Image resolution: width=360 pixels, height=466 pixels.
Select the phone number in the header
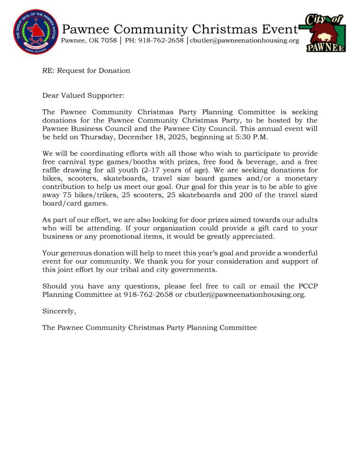tap(152, 41)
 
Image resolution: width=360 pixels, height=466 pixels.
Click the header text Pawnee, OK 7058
tap(88, 41)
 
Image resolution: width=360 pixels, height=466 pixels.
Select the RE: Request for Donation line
tap(86, 71)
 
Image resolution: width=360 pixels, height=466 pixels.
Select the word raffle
tap(53, 170)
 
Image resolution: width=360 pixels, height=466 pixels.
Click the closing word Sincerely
tap(59, 311)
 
